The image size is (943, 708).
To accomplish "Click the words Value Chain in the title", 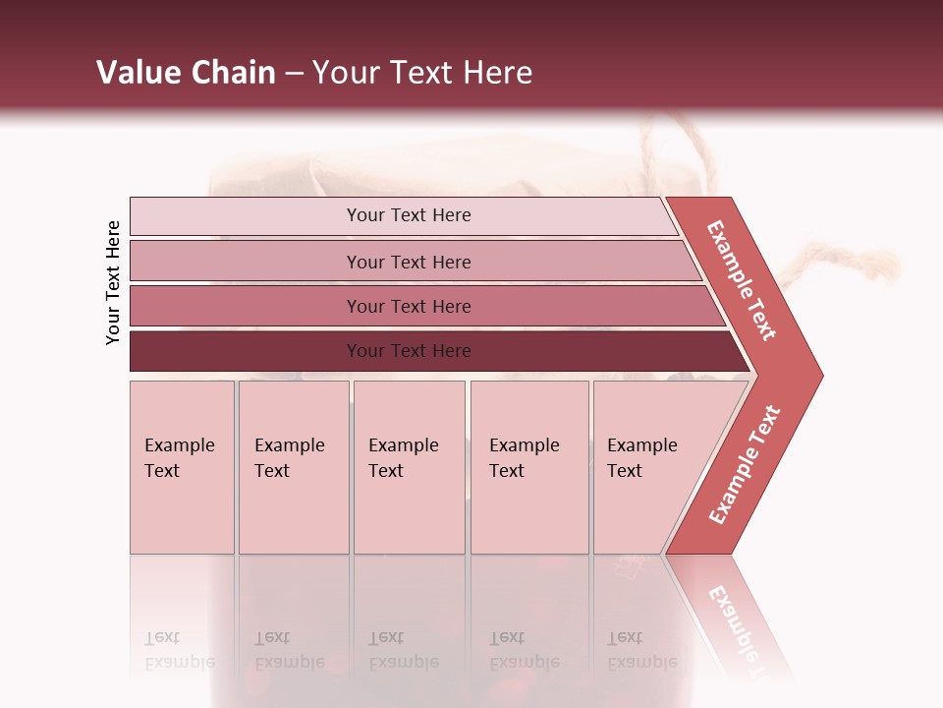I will tap(186, 73).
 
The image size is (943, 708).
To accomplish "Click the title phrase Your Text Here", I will tap(422, 73).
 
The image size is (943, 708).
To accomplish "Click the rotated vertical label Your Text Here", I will tap(113, 282).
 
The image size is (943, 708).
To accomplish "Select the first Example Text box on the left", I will tap(182, 467).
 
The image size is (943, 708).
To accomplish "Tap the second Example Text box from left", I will tap(293, 467).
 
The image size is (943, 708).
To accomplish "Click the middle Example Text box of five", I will tap(409, 467).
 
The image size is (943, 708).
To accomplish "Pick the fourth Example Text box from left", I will tap(529, 467).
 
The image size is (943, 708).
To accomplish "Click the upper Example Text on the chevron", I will tap(742, 280).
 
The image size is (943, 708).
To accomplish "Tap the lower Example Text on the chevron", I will tap(745, 464).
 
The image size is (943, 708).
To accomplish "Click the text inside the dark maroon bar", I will tap(409, 351).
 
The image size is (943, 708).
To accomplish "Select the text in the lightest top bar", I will tap(409, 215).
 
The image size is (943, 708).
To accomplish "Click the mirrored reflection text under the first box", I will tap(179, 650).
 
